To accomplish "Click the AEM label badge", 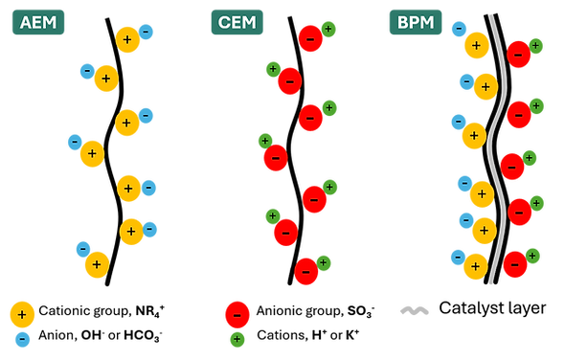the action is pyautogui.click(x=38, y=22).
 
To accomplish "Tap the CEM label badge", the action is pyautogui.click(x=237, y=22).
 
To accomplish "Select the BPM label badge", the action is pyautogui.click(x=416, y=22).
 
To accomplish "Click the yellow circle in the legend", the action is pyautogui.click(x=22, y=314).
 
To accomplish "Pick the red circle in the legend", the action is pyautogui.click(x=237, y=315).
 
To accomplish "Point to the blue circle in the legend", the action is pyautogui.click(x=22, y=339).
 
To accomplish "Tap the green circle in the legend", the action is pyautogui.click(x=237, y=339).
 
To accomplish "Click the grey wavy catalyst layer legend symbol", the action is pyautogui.click(x=415, y=310).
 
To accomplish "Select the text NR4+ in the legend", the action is pyautogui.click(x=150, y=311).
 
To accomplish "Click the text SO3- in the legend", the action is pyautogui.click(x=361, y=311).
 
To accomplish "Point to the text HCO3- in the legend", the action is pyautogui.click(x=143, y=336).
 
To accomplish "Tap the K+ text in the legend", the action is pyautogui.click(x=352, y=335).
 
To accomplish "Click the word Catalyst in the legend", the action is pyautogui.click(x=465, y=308).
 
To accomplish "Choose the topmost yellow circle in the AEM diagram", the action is pyautogui.click(x=127, y=39).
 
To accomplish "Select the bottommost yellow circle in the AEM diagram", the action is pyautogui.click(x=97, y=265).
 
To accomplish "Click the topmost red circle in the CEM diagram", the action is pyautogui.click(x=310, y=38).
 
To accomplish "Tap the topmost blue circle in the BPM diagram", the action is pyautogui.click(x=459, y=29).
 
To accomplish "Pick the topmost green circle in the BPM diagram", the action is pyautogui.click(x=535, y=46).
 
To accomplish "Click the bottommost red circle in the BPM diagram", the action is pyautogui.click(x=515, y=264).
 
